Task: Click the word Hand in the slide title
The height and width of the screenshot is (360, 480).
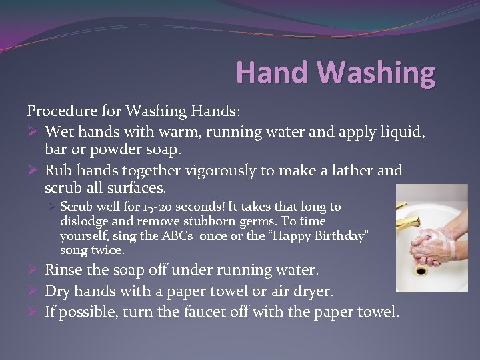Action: [x=265, y=73]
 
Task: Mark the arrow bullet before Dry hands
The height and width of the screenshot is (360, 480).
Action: [x=33, y=291]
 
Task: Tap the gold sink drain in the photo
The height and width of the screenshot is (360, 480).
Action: [x=421, y=271]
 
